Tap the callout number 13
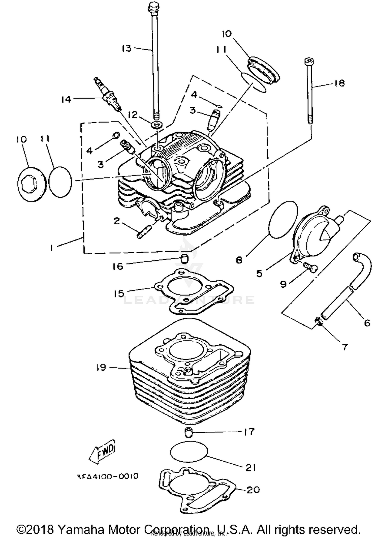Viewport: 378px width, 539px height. (x=127, y=48)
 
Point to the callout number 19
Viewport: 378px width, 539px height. (x=101, y=367)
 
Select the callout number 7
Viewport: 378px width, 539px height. (x=344, y=347)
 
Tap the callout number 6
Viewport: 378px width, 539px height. (x=367, y=323)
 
